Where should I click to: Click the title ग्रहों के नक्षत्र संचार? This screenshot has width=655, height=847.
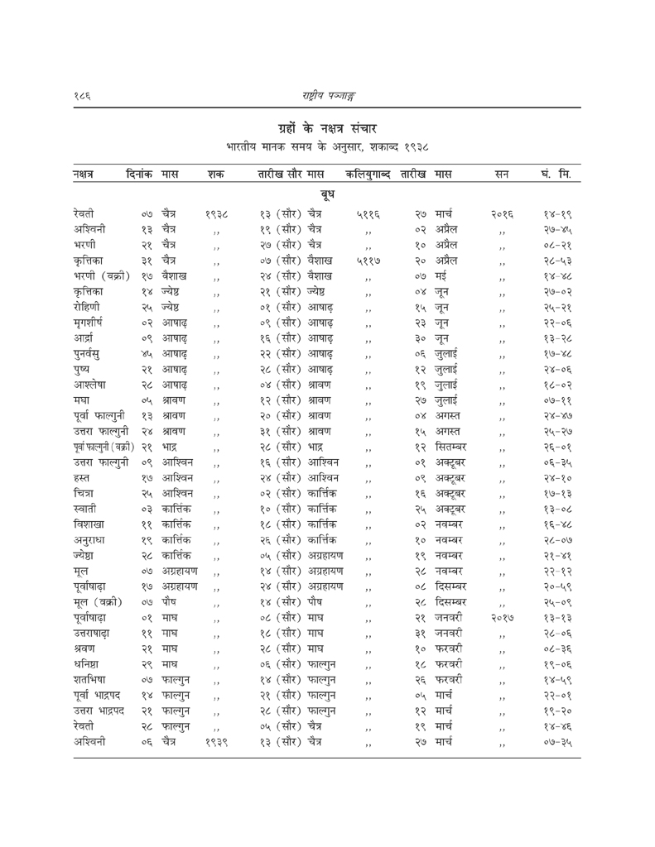coord(327,127)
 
